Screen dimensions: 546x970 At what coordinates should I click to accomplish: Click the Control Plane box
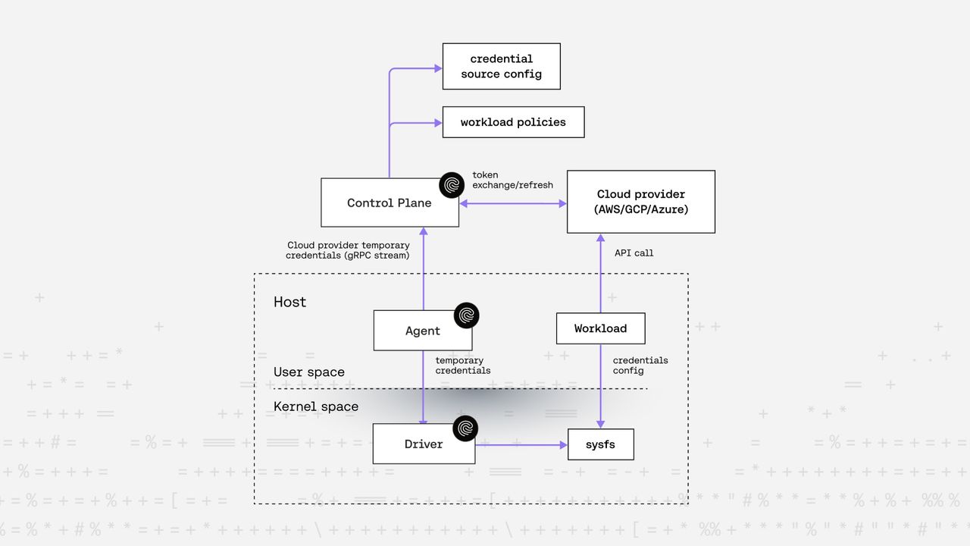tap(389, 202)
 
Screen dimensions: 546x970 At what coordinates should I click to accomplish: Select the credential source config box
tap(501, 66)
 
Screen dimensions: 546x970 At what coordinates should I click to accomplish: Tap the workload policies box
tap(513, 122)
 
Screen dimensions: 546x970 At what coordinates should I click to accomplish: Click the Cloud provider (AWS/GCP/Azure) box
tap(640, 202)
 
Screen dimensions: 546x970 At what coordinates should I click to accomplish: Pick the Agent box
tap(422, 331)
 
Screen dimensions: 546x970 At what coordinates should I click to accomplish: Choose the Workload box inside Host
tap(600, 328)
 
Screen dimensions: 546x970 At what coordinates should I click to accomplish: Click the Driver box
tap(423, 444)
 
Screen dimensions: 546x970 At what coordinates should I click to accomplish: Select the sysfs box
tap(600, 444)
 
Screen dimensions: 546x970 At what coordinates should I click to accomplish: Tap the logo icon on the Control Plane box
tap(452, 185)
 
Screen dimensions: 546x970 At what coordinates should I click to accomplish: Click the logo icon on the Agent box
tap(466, 315)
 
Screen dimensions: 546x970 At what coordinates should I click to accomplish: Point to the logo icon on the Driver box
tap(465, 428)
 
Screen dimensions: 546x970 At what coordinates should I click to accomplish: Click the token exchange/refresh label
tap(512, 180)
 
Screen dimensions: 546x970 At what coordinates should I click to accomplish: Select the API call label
tap(634, 253)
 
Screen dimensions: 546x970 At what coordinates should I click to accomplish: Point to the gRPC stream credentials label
tap(348, 250)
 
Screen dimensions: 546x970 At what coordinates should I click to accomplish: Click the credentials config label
tap(640, 366)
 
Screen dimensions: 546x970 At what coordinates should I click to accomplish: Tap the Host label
tap(289, 302)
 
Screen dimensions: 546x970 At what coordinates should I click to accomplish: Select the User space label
tap(309, 372)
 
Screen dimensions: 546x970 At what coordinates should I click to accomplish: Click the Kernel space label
tap(316, 406)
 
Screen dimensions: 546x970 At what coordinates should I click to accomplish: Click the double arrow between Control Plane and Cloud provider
tap(513, 203)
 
